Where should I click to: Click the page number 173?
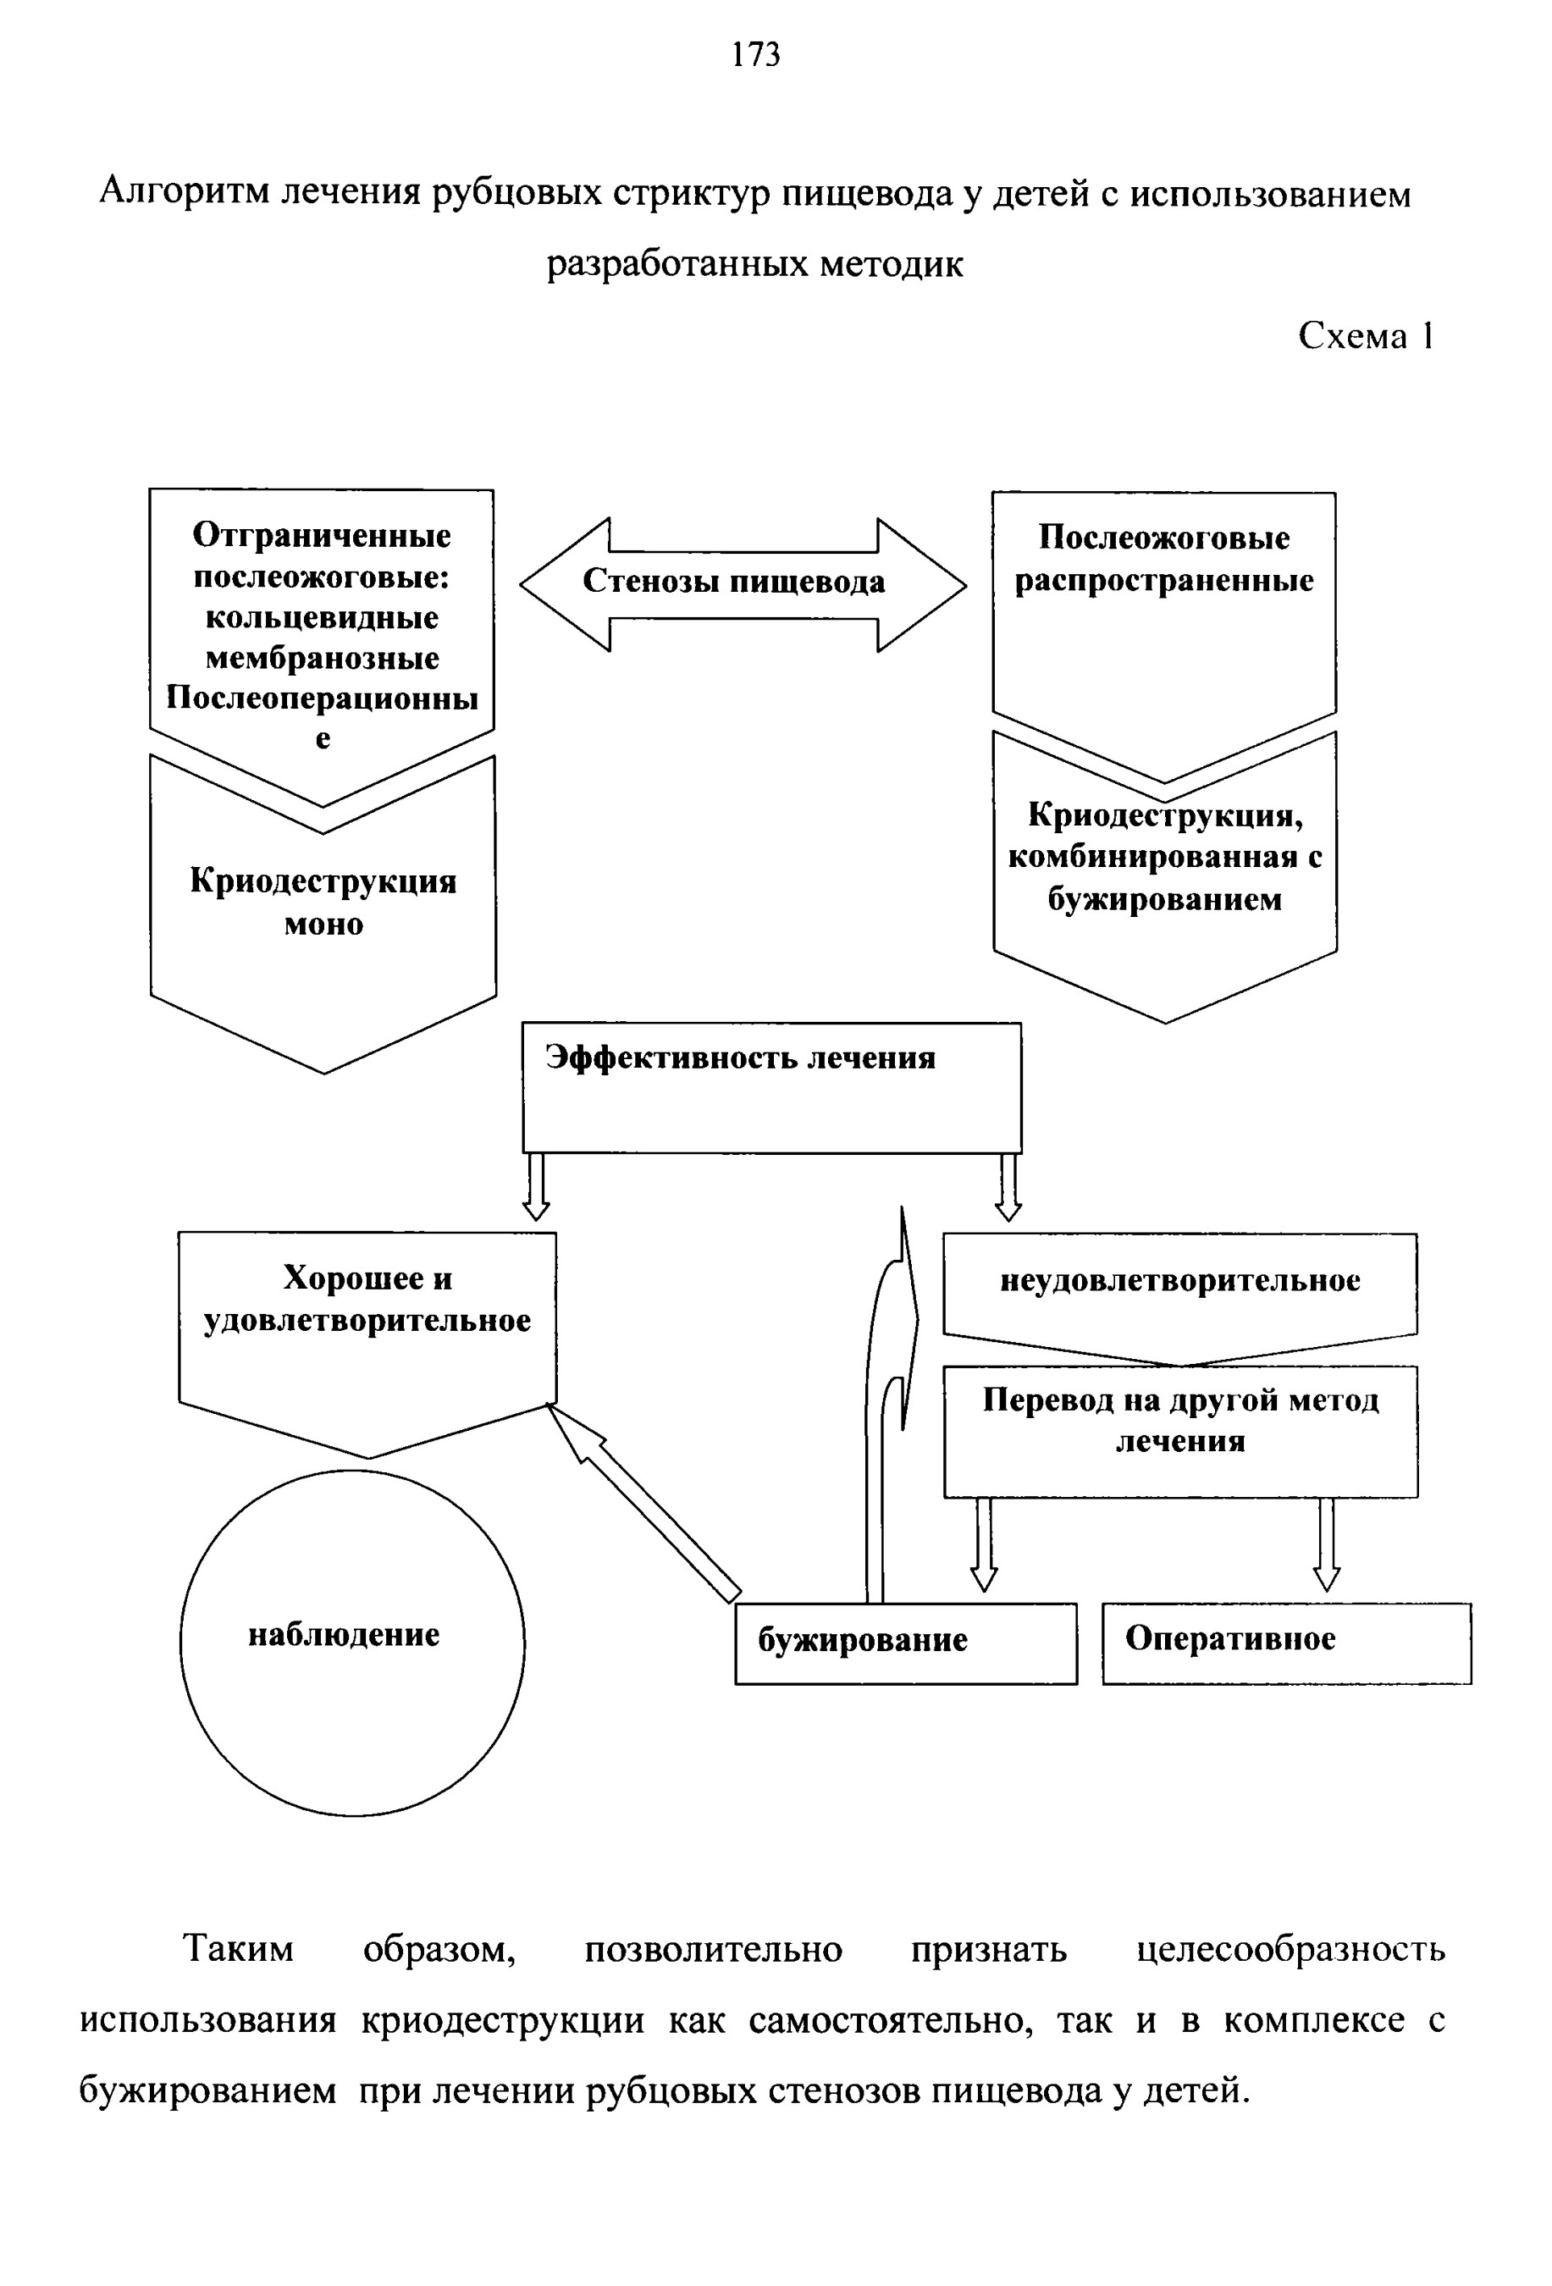click(755, 55)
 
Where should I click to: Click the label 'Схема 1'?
click(1365, 335)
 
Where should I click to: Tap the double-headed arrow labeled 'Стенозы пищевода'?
click(743, 584)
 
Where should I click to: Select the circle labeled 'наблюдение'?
click(352, 1643)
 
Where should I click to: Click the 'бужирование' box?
click(906, 1643)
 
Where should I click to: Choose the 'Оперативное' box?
click(1286, 1643)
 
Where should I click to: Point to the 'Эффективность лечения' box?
click(771, 1087)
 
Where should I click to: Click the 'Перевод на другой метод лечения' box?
click(1180, 1431)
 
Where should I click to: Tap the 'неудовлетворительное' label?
click(1180, 1279)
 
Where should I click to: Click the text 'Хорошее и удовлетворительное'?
click(367, 1299)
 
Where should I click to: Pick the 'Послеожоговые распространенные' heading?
click(1163, 559)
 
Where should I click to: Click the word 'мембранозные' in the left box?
click(323, 657)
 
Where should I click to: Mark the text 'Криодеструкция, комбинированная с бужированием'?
click(1164, 857)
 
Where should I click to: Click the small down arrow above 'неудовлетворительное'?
click(1008, 1186)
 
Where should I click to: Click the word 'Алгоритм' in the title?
click(185, 193)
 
